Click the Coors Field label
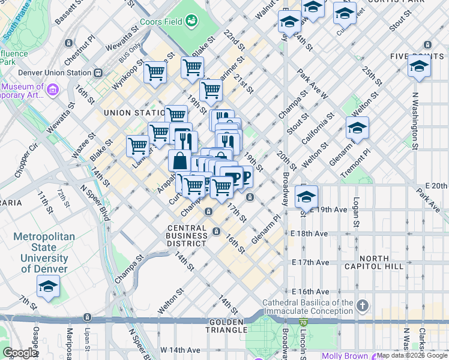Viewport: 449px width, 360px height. point(161,22)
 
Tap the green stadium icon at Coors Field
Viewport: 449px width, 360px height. point(191,22)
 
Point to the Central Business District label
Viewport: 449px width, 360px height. point(190,236)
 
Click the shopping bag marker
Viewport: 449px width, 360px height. point(179,160)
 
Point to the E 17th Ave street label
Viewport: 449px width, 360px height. point(310,262)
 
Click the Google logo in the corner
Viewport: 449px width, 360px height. point(20,353)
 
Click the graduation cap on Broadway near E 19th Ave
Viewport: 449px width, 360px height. point(306,196)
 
